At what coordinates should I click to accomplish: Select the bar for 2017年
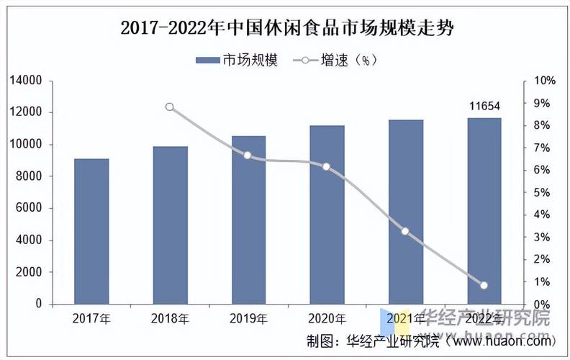coord(91,230)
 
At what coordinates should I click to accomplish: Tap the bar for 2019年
coord(248,220)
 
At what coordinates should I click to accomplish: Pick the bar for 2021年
coord(406,212)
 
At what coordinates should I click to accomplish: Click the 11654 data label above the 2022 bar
coord(484,107)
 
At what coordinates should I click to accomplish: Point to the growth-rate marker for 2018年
coord(170,107)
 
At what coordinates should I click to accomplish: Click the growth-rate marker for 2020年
coord(327,166)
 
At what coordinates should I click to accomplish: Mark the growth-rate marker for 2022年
coord(484,285)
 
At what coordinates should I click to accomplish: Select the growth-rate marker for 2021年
coord(405,231)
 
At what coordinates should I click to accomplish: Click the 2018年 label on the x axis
coord(170,318)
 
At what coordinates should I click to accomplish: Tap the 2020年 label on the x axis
coord(327,318)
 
